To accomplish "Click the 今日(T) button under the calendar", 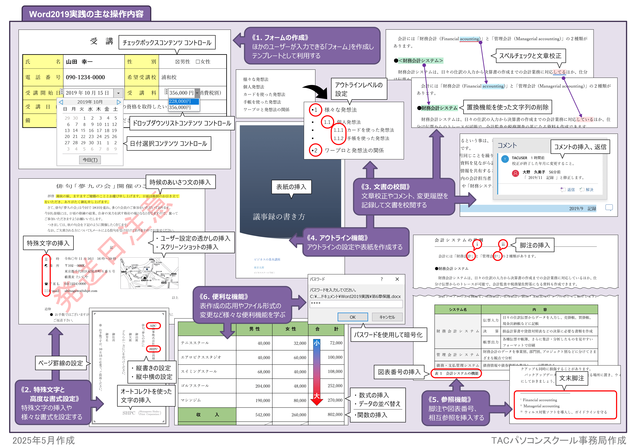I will point(90,160).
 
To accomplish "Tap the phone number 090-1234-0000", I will point(85,77).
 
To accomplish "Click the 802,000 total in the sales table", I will point(335,414).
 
